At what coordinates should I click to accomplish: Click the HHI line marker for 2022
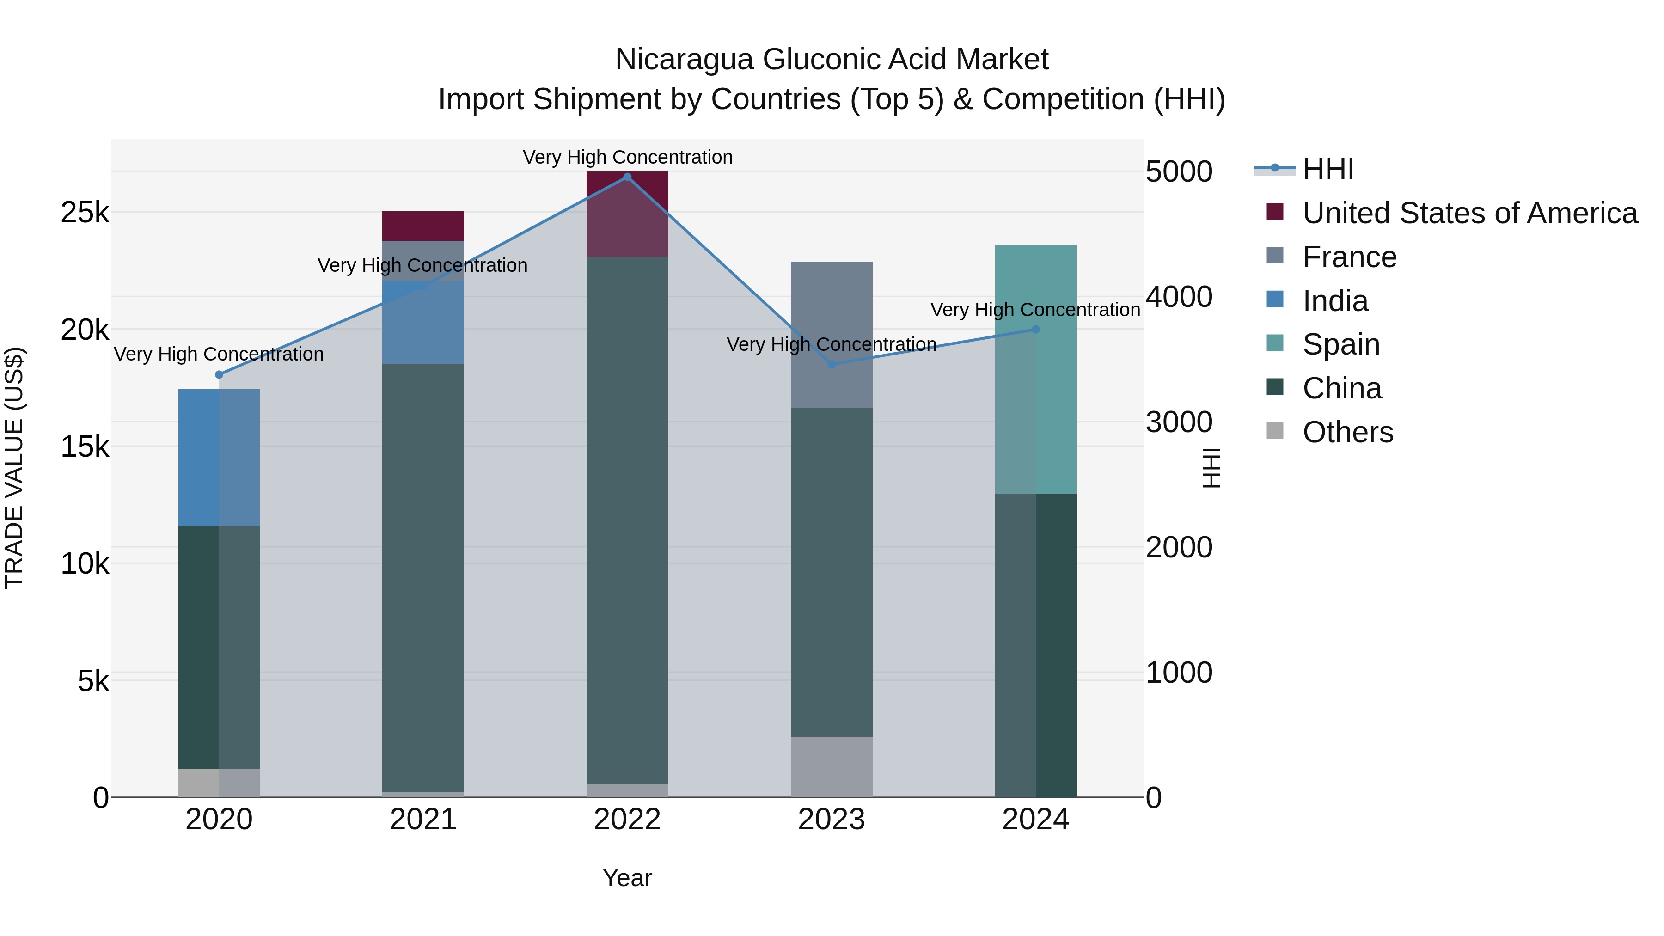pos(627,177)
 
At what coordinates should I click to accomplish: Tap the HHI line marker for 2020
pos(219,375)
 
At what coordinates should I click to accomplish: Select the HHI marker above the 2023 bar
pos(832,364)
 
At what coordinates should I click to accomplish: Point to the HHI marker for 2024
pos(1035,330)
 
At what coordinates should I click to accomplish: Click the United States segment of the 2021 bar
pos(423,226)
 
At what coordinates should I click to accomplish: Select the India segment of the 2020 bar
pos(219,457)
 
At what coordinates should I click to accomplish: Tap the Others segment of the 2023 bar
pos(832,767)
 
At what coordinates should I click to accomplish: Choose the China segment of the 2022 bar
pos(627,520)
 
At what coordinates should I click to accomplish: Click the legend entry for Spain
pos(1341,344)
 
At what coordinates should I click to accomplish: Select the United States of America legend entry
pos(1469,213)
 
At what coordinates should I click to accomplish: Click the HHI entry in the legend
pos(1328,169)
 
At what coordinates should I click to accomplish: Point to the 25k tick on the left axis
pos(85,213)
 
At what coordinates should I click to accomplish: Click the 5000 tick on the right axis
pos(1179,172)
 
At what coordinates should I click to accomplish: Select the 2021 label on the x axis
pos(423,820)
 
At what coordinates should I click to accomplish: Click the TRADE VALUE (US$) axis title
pos(14,468)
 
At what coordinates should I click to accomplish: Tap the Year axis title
pos(627,878)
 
